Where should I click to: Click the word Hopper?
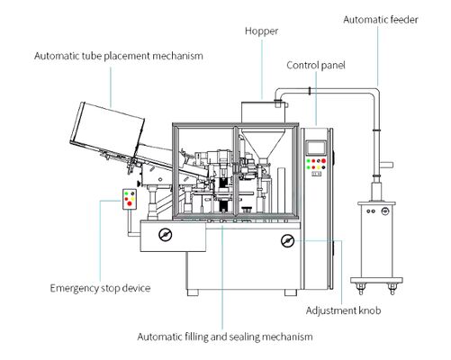pos(261,31)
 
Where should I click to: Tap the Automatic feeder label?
pos(381,20)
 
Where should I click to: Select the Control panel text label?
pos(316,66)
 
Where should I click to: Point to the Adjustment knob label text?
pos(343,310)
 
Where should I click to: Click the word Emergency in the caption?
pos(74,289)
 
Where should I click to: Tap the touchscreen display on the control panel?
pos(316,148)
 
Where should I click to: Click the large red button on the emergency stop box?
pos(130,203)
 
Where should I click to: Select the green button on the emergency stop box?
pos(127,193)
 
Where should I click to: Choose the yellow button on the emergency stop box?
pos(132,199)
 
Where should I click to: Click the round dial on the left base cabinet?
pos(165,235)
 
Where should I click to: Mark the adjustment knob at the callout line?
pos(287,240)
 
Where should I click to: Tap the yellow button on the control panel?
pos(319,167)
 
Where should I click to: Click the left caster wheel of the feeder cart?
pos(360,289)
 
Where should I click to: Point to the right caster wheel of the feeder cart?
pos(392,289)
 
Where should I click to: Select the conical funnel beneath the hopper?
pos(263,145)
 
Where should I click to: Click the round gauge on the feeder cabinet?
pos(384,211)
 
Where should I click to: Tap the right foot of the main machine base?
pos(291,292)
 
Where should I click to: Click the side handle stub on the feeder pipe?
pos(387,165)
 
